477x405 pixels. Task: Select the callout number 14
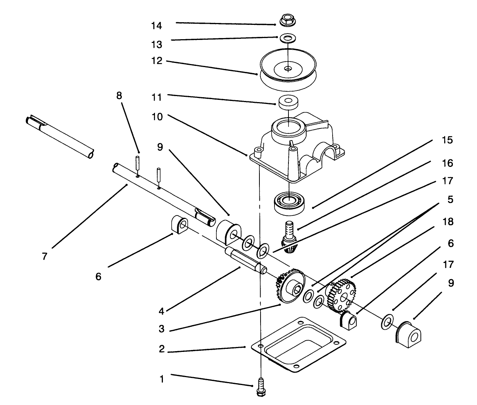[156, 26]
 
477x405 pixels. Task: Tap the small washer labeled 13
[288, 38]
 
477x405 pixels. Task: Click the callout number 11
[156, 97]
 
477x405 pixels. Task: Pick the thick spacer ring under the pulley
[288, 102]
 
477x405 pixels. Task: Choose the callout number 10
[156, 117]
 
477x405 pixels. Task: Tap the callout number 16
[448, 164]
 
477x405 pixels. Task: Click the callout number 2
[162, 349]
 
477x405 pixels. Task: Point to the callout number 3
[162, 329]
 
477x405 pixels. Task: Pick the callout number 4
[161, 311]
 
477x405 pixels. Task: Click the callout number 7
[45, 257]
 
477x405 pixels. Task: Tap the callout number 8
[119, 96]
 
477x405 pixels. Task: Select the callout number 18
[448, 222]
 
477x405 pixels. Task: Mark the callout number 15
[448, 140]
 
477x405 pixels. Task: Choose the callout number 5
[450, 199]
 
